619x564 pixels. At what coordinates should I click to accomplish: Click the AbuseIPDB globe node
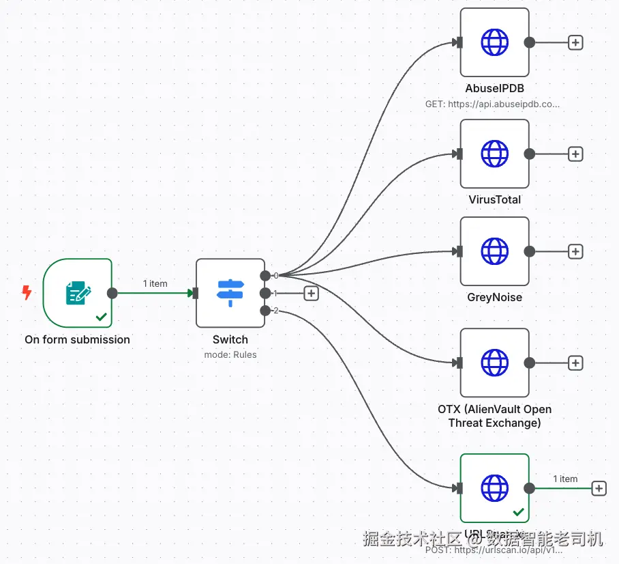(494, 42)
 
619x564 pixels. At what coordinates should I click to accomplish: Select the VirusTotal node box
(494, 154)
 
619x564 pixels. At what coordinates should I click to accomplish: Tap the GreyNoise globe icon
(494, 251)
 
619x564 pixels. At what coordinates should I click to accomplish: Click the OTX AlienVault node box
(494, 363)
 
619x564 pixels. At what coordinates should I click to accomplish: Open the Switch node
(230, 293)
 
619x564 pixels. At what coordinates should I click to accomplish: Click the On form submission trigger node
(77, 293)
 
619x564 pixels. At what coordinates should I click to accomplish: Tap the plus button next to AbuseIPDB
(575, 42)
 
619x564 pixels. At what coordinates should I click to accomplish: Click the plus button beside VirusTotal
(575, 154)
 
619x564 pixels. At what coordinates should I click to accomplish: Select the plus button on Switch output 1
(311, 293)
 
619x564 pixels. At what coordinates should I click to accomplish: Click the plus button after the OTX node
(575, 363)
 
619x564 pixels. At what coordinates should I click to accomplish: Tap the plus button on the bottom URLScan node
(599, 488)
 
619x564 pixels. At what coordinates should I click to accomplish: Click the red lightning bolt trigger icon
(27, 293)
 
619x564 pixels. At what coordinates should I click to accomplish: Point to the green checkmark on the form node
(101, 317)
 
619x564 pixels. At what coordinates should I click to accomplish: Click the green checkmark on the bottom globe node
(518, 511)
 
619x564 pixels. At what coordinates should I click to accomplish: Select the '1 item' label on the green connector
(155, 283)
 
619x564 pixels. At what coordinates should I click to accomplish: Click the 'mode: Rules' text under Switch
(230, 354)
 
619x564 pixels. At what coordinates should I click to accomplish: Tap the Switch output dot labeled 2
(265, 311)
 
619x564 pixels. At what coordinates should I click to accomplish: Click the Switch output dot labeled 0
(265, 275)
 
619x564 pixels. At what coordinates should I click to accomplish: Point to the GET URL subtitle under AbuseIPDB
(492, 104)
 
